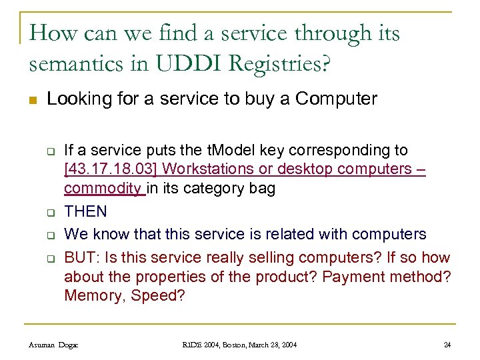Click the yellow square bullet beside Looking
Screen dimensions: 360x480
coord(33,101)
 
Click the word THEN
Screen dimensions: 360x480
coord(85,211)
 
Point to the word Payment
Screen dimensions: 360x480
coord(354,276)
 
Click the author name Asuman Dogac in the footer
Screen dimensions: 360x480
coord(53,345)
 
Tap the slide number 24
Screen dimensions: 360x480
coord(447,345)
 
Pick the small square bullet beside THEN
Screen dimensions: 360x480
coord(49,213)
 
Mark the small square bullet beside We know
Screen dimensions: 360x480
coord(49,236)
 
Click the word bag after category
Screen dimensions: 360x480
coord(262,189)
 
